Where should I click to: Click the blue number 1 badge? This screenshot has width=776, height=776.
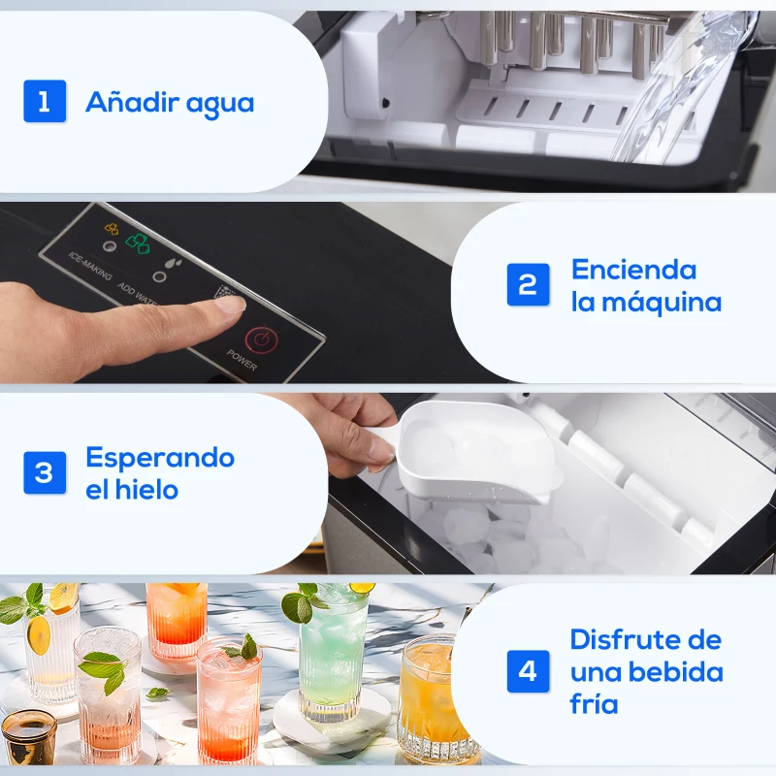coord(45,101)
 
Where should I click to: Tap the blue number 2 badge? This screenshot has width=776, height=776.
coord(528,284)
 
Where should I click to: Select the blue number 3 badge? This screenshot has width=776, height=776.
coord(45,472)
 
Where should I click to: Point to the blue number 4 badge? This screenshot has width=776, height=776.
coord(528,671)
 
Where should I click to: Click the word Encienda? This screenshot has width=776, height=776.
coord(633,269)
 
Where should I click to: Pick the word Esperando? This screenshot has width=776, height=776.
coord(160,457)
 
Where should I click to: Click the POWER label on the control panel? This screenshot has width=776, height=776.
coord(242,360)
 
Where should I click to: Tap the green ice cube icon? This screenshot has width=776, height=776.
coord(139,242)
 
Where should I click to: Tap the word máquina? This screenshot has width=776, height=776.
coord(660,302)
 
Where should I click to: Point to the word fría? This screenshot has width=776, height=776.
coord(594,703)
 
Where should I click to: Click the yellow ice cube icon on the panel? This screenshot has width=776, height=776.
coord(111,230)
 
